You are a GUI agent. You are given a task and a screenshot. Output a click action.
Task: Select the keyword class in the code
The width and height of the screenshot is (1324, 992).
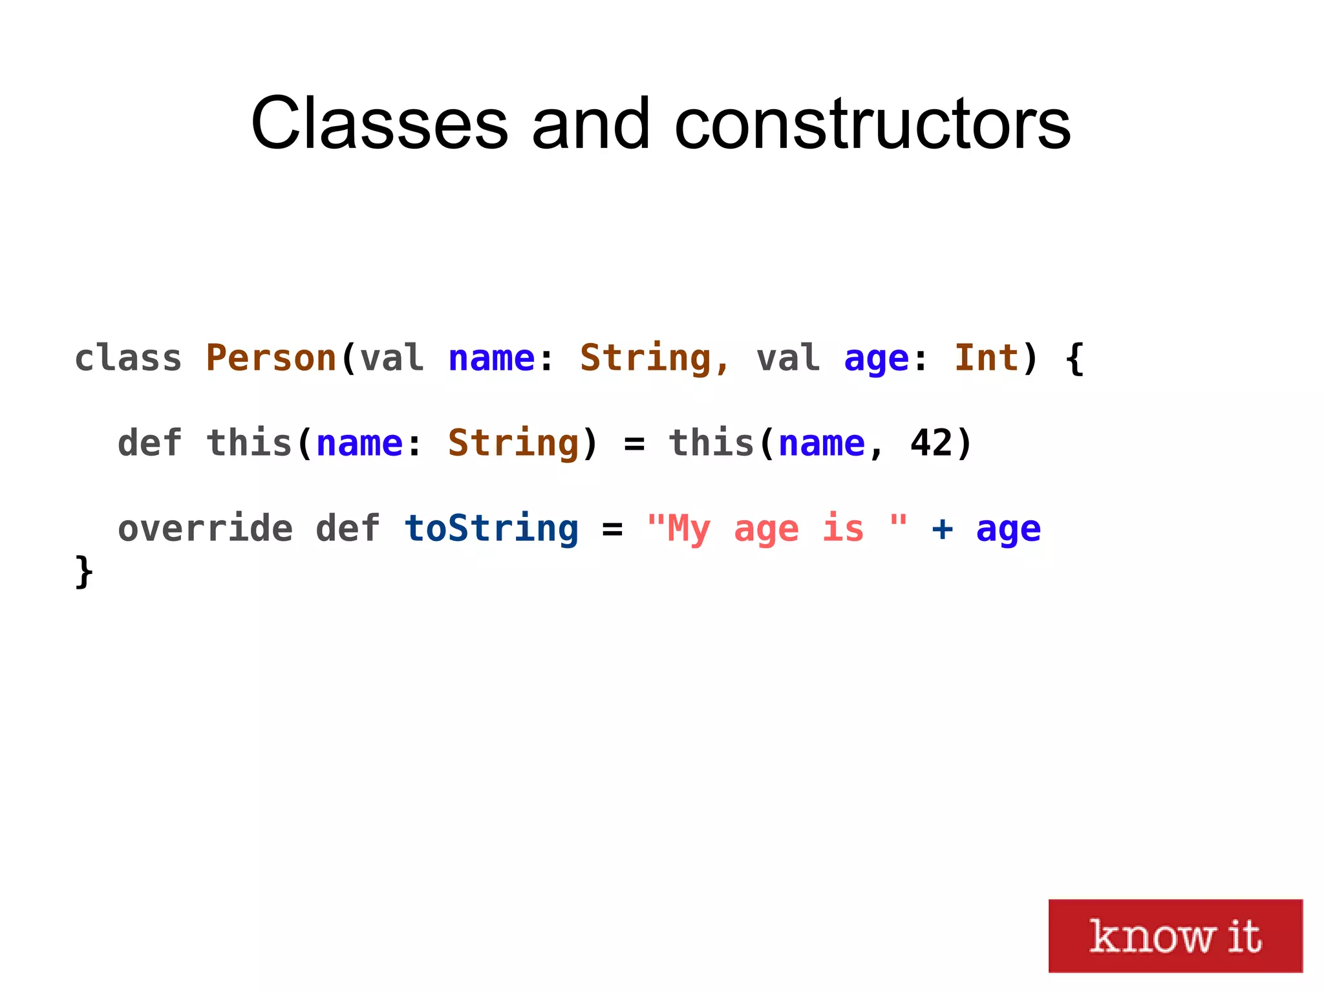[x=128, y=358]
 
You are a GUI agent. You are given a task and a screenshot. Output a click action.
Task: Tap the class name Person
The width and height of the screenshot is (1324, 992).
[x=271, y=358]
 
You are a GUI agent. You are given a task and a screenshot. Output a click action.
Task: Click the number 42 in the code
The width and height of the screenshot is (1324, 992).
[x=931, y=443]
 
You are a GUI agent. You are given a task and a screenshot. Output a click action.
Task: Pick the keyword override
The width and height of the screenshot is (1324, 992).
[x=205, y=529]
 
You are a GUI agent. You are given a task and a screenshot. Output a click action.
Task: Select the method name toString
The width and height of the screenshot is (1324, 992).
[x=491, y=529]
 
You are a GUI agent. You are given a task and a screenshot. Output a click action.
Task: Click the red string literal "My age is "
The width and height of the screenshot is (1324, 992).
[x=776, y=529]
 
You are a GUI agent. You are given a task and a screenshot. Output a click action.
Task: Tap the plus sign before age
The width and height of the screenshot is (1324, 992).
[x=942, y=529]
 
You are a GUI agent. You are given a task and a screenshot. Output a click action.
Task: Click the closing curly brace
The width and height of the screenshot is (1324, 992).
[x=84, y=571]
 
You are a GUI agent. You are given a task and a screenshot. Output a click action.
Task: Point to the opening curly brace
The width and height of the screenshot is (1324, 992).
[x=1074, y=358]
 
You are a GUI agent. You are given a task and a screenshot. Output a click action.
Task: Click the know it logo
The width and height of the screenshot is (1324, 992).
[x=1175, y=935]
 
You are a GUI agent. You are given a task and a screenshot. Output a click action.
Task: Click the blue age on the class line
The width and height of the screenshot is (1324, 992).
[x=876, y=359]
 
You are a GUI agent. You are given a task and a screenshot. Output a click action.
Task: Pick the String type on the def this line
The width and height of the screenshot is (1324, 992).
[x=513, y=443]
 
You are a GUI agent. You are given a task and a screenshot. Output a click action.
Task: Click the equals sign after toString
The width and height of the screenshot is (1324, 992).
[x=612, y=529]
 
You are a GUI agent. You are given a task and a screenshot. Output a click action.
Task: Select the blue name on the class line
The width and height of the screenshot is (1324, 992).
[x=491, y=358]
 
